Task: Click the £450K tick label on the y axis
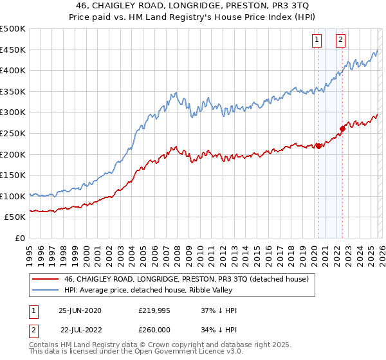pyautogui.click(x=13, y=50)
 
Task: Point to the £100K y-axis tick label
pyautogui.click(x=13, y=196)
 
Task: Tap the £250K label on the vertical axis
pyautogui.click(x=13, y=133)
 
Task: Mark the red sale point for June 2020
pyautogui.click(x=318, y=146)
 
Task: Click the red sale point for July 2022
pyautogui.click(x=342, y=129)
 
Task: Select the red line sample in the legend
pyautogui.click(x=44, y=279)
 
